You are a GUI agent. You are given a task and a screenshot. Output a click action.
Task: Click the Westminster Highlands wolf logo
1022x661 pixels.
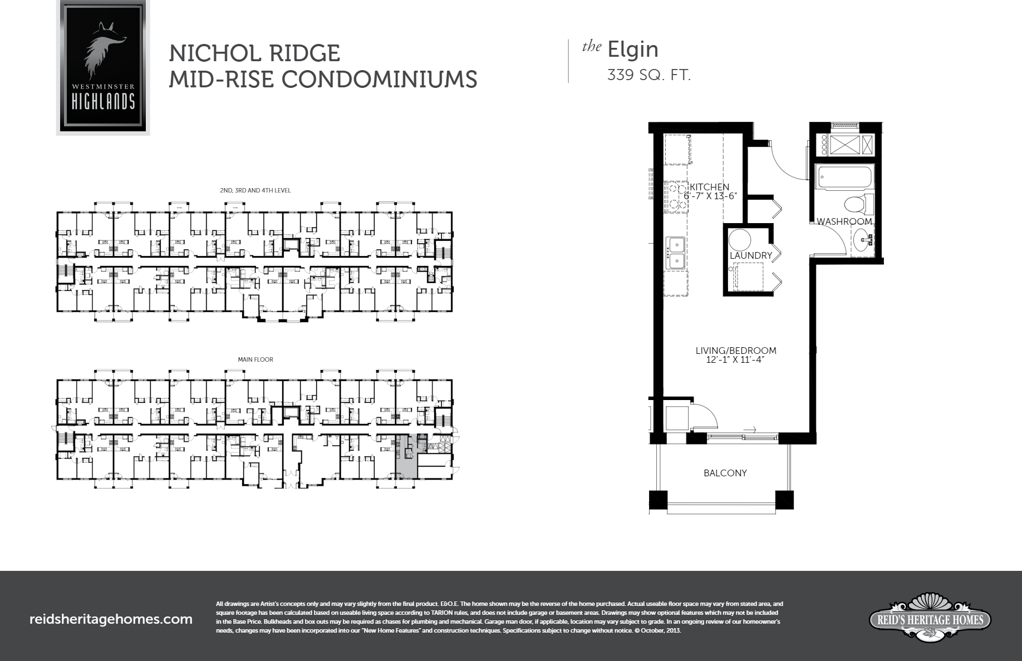point(103,67)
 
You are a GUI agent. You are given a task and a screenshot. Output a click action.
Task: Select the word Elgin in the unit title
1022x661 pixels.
point(632,50)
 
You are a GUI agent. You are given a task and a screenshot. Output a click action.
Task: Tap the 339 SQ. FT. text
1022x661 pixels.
point(648,75)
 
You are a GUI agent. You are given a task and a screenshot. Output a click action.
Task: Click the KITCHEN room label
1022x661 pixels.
point(709,187)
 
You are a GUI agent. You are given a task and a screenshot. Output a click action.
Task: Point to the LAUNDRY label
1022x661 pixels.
point(751,255)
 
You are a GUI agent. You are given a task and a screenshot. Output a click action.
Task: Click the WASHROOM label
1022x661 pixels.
point(844,221)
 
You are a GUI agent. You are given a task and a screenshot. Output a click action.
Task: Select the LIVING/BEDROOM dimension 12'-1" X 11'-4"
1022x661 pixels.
point(735,360)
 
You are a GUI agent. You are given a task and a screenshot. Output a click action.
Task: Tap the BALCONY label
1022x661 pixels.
point(725,473)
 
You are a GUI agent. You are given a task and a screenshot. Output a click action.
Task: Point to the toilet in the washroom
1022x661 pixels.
point(855,205)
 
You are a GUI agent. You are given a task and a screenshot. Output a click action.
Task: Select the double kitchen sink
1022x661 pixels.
point(676,252)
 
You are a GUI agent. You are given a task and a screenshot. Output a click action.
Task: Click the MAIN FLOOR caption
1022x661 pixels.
point(255,359)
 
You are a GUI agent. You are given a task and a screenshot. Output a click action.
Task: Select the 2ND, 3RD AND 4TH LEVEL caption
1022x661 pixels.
point(255,190)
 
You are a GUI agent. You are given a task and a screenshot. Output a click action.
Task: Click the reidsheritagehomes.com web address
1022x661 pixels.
point(110,619)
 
